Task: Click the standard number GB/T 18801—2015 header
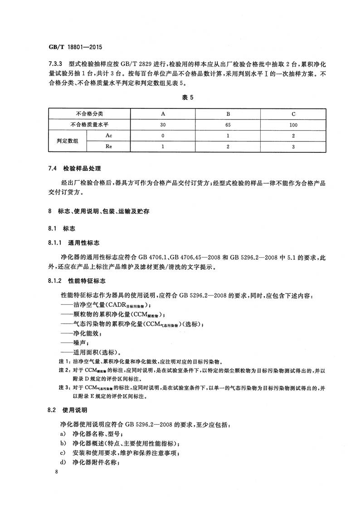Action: tap(73, 46)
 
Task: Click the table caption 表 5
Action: tap(181, 98)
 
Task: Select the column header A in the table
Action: tap(163, 113)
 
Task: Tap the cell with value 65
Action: tap(229, 124)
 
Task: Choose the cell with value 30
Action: tap(163, 124)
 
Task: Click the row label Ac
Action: tap(109, 135)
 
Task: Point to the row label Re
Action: tap(109, 146)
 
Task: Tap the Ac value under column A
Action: tap(163, 135)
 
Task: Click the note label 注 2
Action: tap(62, 371)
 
